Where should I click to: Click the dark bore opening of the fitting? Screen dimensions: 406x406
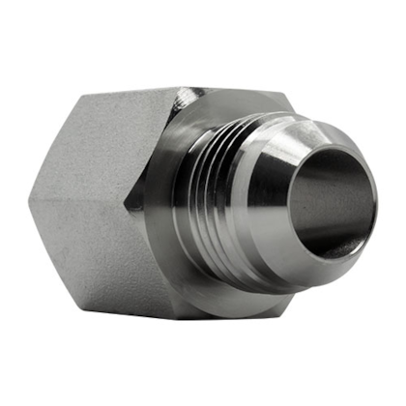329,208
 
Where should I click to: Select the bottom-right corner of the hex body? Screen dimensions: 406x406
280,309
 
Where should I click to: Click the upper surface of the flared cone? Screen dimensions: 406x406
290,135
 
